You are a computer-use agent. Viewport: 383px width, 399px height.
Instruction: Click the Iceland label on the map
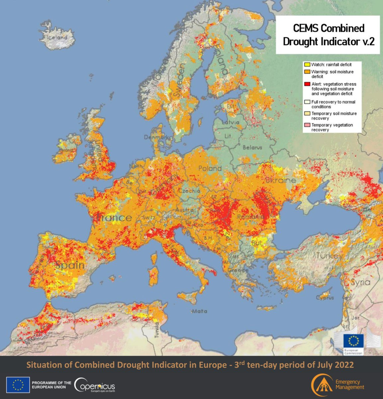click(57, 38)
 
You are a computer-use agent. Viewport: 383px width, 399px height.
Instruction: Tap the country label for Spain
click(70, 265)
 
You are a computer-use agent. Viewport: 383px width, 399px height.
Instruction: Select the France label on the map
click(114, 218)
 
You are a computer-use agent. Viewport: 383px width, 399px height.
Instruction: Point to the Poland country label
click(210, 168)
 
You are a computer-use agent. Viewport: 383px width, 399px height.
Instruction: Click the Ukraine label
click(280, 180)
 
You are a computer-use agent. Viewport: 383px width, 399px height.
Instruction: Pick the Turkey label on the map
click(329, 256)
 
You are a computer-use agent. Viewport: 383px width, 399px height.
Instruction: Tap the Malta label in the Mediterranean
click(199, 311)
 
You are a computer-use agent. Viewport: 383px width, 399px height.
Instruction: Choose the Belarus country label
click(252, 147)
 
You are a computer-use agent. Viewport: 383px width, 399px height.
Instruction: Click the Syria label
click(360, 282)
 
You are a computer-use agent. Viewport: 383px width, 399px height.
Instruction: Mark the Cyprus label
click(325, 298)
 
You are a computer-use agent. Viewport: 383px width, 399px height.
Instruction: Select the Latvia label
click(230, 122)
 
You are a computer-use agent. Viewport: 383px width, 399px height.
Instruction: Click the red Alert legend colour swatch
click(307, 84)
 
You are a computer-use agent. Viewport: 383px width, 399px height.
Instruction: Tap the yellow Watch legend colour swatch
click(307, 65)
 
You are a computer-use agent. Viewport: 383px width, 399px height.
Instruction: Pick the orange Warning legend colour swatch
click(307, 72)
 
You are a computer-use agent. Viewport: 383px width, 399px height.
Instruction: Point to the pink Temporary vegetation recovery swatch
click(307, 125)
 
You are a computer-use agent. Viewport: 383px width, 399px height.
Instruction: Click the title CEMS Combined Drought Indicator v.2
click(328, 35)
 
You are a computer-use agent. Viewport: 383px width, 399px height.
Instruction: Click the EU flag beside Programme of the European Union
click(18, 385)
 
